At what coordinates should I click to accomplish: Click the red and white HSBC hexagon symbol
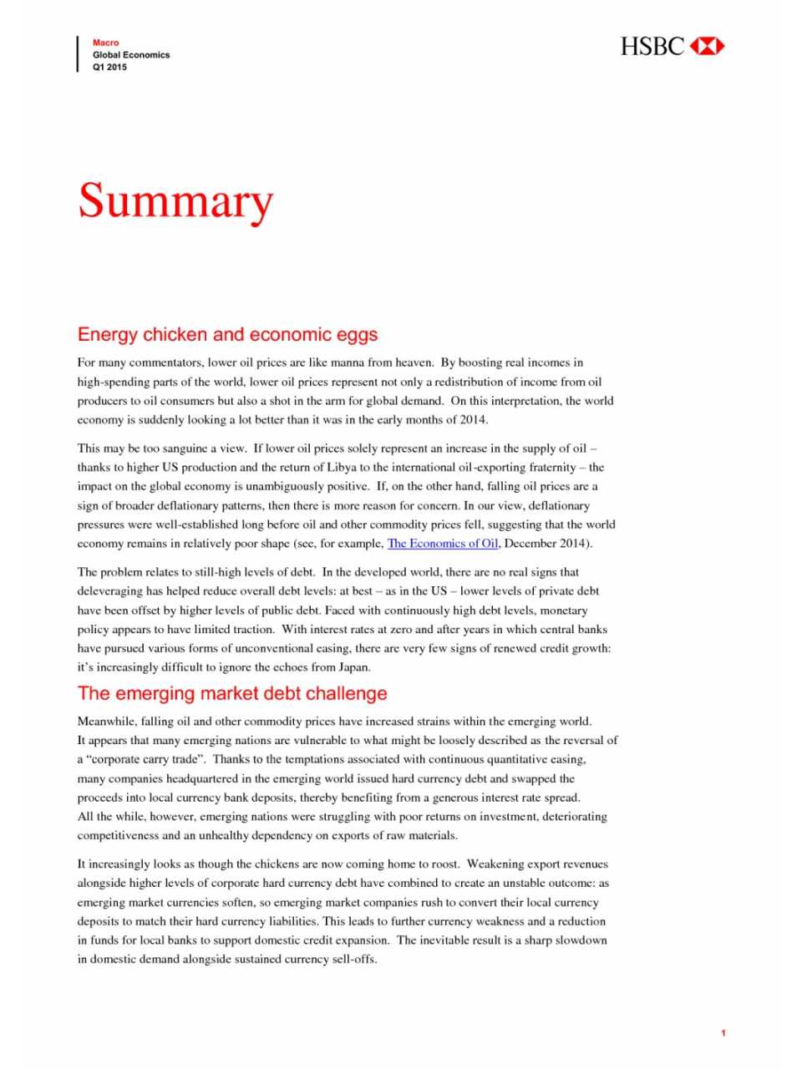pyautogui.click(x=707, y=46)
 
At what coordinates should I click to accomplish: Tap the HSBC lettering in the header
pyautogui.click(x=652, y=46)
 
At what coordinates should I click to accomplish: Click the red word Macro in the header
pyautogui.click(x=105, y=43)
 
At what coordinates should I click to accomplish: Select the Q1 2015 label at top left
pyautogui.click(x=109, y=67)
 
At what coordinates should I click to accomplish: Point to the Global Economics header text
pyautogui.click(x=130, y=55)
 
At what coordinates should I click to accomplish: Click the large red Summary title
pyautogui.click(x=175, y=201)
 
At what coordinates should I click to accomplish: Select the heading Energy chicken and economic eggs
pyautogui.click(x=227, y=335)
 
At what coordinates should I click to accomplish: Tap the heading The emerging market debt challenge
pyautogui.click(x=232, y=694)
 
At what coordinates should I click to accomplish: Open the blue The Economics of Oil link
pyautogui.click(x=443, y=544)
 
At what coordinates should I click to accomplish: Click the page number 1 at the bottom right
pyautogui.click(x=723, y=1034)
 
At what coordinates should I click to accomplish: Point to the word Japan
pyautogui.click(x=353, y=667)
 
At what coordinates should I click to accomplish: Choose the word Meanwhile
pyautogui.click(x=106, y=722)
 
